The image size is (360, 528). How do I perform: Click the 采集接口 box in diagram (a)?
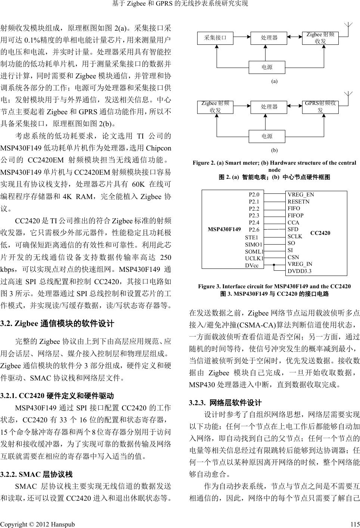point(215,37)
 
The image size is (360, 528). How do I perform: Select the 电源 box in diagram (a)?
point(267,67)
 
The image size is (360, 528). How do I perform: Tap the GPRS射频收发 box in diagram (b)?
point(320,107)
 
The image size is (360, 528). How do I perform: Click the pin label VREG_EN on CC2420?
point(301,195)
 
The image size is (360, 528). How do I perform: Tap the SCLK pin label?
point(295,236)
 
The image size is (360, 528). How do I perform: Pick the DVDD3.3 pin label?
point(300,271)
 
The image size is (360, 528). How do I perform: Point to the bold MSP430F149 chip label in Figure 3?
point(224,229)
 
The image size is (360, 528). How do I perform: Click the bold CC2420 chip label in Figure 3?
point(320,233)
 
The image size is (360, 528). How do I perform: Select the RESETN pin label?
point(298,202)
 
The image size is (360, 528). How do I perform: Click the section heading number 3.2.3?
point(198,403)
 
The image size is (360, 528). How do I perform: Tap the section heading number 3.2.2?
point(8,475)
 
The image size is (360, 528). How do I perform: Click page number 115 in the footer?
point(355,524)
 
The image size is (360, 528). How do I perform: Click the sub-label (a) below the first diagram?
point(274,81)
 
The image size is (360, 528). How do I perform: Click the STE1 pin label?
point(251,237)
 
